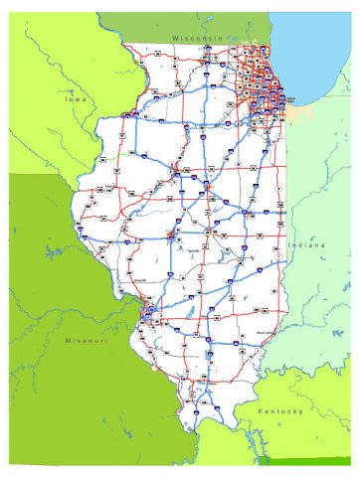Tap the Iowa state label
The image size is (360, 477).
76,100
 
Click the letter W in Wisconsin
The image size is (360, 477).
174,37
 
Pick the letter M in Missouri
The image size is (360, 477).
68,341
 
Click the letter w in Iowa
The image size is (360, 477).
79,100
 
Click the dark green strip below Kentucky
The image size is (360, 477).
308,460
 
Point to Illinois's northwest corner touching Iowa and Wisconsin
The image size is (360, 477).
123,46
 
